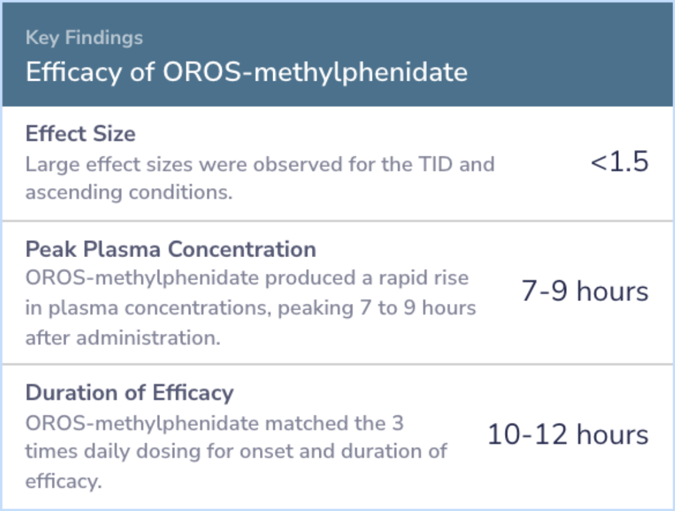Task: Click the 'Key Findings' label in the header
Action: click(84, 38)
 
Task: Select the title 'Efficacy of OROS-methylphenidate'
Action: click(247, 71)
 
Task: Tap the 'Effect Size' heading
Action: click(81, 134)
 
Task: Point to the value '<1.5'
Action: click(619, 162)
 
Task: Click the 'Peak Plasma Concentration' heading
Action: click(171, 249)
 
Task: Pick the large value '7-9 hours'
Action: click(584, 291)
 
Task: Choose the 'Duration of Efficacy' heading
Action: click(129, 393)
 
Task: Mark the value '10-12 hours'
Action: click(567, 434)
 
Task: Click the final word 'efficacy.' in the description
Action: click(64, 481)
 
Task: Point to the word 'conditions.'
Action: click(181, 193)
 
